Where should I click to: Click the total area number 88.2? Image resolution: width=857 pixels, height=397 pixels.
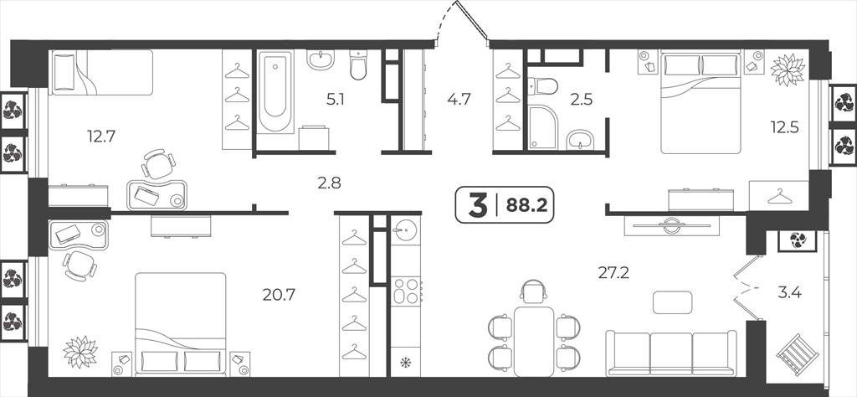click(x=526, y=205)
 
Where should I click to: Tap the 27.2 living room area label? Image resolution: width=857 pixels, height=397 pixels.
click(x=613, y=272)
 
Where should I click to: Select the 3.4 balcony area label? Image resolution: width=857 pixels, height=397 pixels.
click(x=789, y=292)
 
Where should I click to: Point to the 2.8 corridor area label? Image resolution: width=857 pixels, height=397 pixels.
click(x=329, y=183)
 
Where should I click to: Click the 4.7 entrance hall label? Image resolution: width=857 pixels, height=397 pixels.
click(x=459, y=99)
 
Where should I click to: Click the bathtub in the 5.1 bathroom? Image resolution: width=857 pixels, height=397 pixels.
click(x=275, y=92)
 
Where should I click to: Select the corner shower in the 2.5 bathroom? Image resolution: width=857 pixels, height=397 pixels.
click(x=542, y=126)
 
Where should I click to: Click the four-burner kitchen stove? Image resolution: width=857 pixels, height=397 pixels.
click(x=406, y=291)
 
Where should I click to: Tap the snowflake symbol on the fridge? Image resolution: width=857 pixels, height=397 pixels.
click(x=406, y=363)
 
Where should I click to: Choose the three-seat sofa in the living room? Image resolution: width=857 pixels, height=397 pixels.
click(x=671, y=353)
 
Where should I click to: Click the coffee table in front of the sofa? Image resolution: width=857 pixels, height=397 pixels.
click(x=672, y=302)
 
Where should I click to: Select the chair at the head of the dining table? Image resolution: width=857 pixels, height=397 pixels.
click(x=533, y=291)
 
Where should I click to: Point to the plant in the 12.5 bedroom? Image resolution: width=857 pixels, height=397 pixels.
click(x=788, y=70)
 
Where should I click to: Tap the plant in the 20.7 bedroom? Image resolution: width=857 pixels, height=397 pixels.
click(x=80, y=352)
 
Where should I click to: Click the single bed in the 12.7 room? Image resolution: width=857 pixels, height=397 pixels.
click(x=102, y=72)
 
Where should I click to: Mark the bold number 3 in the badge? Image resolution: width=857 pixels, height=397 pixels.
click(x=477, y=205)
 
